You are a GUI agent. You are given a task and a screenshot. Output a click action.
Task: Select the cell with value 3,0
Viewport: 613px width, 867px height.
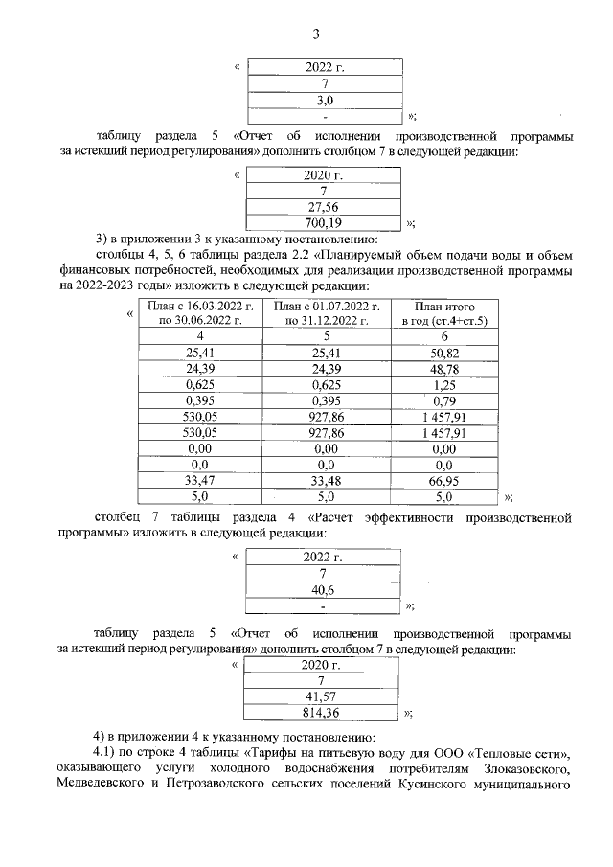point(325,100)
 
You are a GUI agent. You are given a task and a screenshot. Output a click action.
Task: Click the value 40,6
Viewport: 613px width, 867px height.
point(323,589)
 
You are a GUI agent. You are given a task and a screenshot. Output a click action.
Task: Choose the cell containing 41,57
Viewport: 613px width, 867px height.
point(323,696)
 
